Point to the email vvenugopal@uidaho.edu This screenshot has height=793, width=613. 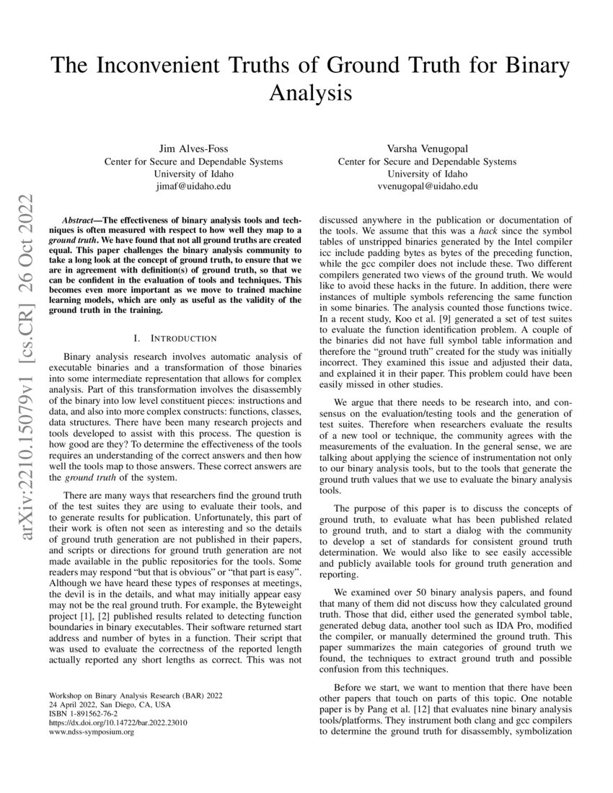pos(428,186)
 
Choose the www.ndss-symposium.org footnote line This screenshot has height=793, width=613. pos(89,732)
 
